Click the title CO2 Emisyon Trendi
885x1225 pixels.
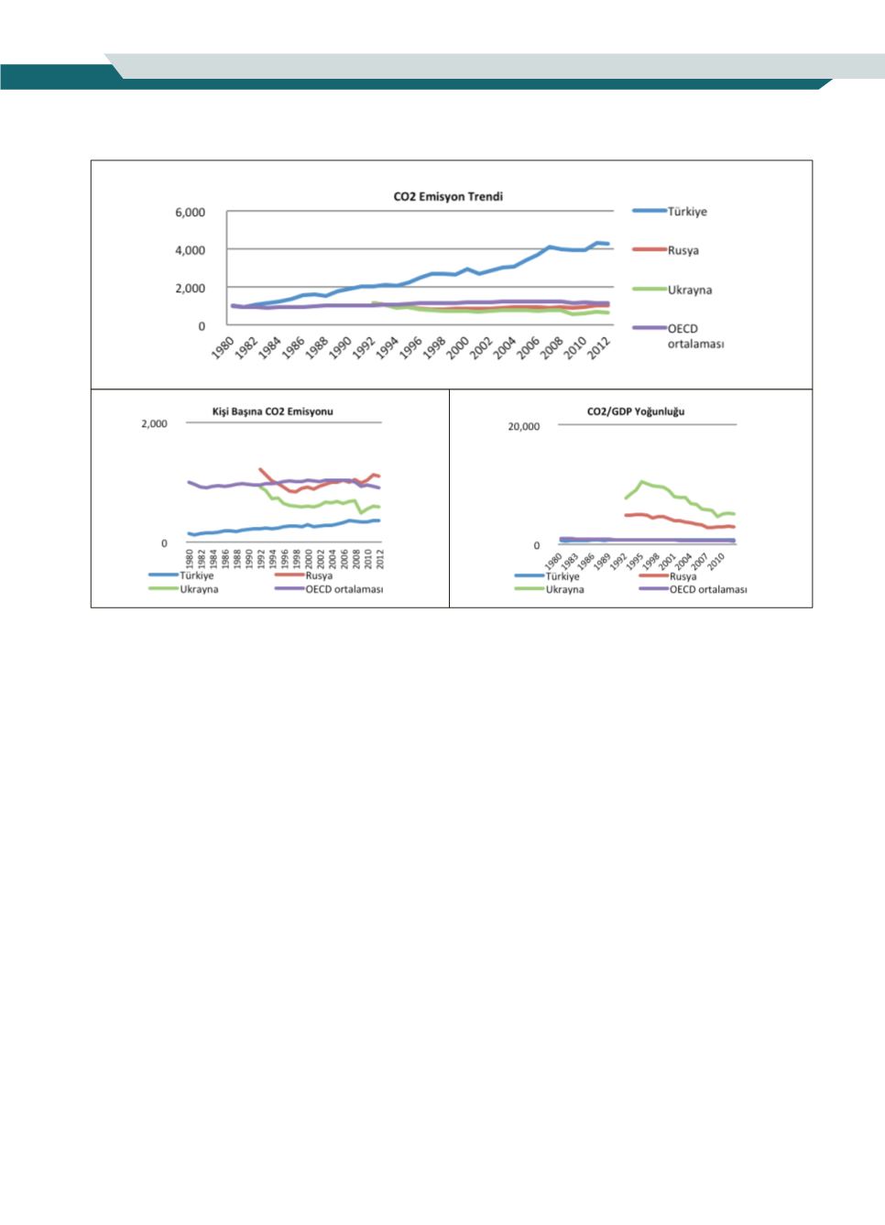coord(448,196)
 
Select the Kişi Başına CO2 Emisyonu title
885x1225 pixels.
coord(273,411)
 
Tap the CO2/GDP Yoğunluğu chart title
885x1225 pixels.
coord(635,411)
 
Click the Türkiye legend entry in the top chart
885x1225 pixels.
coord(686,212)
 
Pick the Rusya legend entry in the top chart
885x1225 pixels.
coord(683,250)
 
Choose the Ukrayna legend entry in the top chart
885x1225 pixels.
coord(689,290)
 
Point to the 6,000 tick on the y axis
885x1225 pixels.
coord(190,213)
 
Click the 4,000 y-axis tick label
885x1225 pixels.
coord(190,250)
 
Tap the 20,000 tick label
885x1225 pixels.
coord(524,427)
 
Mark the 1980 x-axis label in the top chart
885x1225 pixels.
coord(222,348)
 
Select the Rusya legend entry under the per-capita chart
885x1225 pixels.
coord(319,576)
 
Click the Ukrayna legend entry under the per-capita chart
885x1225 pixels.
coord(199,589)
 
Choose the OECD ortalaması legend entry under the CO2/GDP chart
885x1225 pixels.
coord(707,589)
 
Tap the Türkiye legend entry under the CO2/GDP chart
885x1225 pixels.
coord(563,576)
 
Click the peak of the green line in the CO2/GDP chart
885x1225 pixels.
coord(643,481)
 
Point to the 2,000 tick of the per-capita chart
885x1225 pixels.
coord(154,424)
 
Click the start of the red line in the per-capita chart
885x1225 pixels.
coord(260,468)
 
